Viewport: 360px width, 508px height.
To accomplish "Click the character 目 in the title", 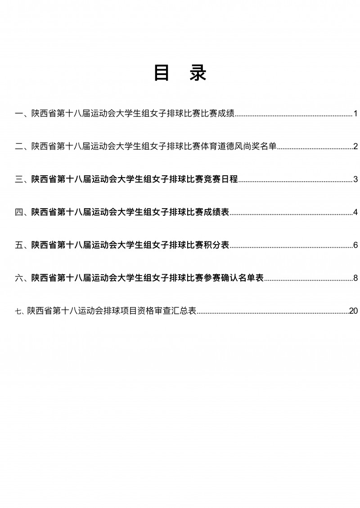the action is click(162, 73).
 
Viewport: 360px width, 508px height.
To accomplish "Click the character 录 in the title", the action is click(198, 73).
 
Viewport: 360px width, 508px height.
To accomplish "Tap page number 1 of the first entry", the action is click(355, 114).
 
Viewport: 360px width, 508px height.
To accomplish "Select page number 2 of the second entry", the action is click(355, 147).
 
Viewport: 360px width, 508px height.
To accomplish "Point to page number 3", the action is click(355, 179).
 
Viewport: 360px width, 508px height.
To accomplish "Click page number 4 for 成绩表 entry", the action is click(355, 212).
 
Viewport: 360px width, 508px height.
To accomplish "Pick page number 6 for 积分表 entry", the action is click(355, 245).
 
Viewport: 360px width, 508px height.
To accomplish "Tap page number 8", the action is click(355, 278).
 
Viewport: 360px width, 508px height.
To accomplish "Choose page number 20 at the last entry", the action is click(353, 311).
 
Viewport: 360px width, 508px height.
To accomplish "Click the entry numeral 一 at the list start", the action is click(19, 114).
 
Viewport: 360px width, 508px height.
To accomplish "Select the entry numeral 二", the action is click(19, 147).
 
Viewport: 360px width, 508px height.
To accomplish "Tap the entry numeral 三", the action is click(19, 179).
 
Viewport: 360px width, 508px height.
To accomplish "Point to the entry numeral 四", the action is click(19, 212).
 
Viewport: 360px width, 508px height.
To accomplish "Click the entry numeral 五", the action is click(19, 245).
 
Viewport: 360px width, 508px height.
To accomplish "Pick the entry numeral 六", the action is click(19, 278).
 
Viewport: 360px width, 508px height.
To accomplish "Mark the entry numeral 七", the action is click(18, 311).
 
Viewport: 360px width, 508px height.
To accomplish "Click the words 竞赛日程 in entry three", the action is click(221, 179).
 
